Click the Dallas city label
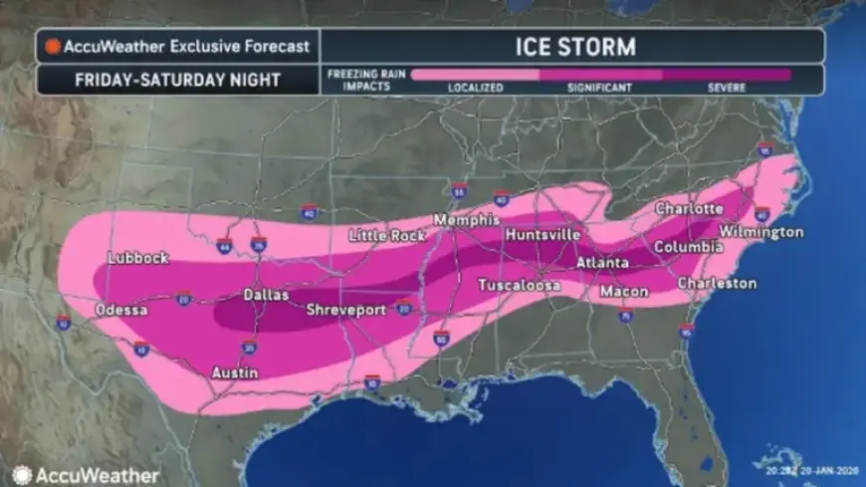point(267,295)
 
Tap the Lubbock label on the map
point(138,258)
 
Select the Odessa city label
point(122,311)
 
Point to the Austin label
point(236,372)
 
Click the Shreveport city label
point(345,311)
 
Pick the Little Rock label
point(387,236)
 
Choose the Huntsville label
point(542,234)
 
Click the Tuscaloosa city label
point(519,285)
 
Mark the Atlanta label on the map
point(602,263)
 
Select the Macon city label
point(624,292)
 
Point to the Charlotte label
point(689,209)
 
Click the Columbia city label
point(689,246)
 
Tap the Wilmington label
point(760,232)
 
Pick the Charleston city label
point(717,284)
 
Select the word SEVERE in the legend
point(727,88)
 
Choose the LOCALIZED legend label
point(476,88)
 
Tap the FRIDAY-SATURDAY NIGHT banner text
point(177,80)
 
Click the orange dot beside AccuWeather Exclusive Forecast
point(52,46)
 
